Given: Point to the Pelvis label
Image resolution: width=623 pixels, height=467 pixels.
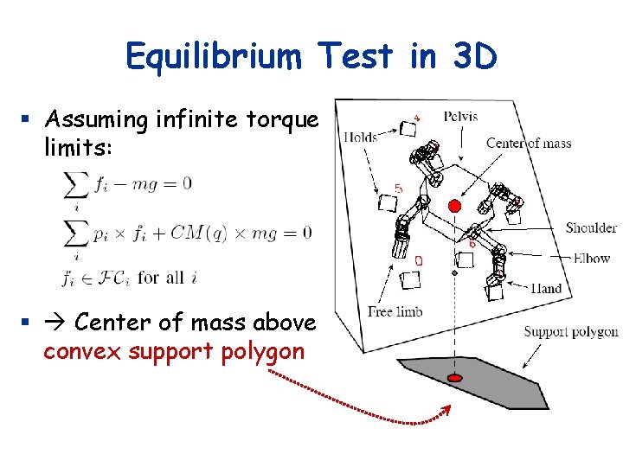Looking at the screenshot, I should pyautogui.click(x=459, y=117).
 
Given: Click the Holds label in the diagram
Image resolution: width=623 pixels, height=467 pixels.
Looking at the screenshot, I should pyautogui.click(x=361, y=137).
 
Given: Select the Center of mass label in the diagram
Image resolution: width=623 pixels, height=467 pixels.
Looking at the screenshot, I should pyautogui.click(x=529, y=144).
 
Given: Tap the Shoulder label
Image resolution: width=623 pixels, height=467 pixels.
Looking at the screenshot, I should pyautogui.click(x=591, y=228).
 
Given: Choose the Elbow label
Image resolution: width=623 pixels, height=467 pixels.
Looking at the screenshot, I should pyautogui.click(x=592, y=258).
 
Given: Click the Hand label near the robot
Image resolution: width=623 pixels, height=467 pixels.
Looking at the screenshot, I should pyautogui.click(x=545, y=289).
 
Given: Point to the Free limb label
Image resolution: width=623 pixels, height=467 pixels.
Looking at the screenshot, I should pyautogui.click(x=393, y=312).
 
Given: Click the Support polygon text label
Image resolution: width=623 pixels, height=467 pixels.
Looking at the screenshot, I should pyautogui.click(x=571, y=332).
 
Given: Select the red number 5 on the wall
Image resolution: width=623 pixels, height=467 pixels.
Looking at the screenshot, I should pyautogui.click(x=398, y=187).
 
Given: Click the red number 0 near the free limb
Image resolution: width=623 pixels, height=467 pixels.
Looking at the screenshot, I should pyautogui.click(x=419, y=259).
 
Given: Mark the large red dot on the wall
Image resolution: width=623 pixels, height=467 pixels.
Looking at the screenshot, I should pyautogui.click(x=454, y=206).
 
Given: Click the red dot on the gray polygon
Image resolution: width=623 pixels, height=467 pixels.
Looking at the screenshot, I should pyautogui.click(x=455, y=379).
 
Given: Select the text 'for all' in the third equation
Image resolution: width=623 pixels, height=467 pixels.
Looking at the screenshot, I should pyautogui.click(x=161, y=278).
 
